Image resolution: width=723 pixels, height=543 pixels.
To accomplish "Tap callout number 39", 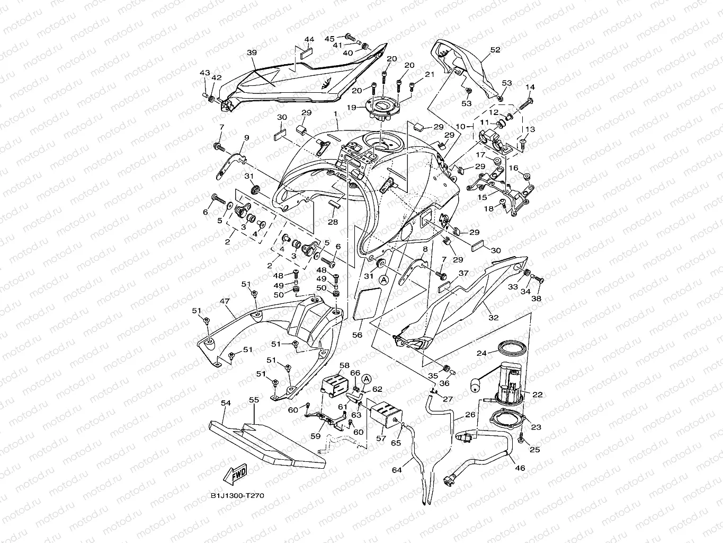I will [252, 52].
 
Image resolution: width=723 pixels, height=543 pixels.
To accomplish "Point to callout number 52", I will [495, 50].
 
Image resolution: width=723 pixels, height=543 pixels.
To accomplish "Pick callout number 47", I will [224, 301].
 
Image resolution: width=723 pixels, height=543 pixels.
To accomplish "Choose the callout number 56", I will [358, 335].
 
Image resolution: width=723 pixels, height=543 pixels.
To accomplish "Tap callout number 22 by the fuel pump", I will [538, 394].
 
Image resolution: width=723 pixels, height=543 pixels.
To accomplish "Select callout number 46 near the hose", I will [520, 468].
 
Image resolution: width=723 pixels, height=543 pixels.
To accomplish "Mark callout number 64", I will [397, 470].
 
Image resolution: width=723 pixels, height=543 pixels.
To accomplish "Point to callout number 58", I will [344, 365].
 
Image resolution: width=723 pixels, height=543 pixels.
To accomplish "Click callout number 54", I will [226, 404].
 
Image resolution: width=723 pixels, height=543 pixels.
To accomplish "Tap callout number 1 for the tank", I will [335, 114].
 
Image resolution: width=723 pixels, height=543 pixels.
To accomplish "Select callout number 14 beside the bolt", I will [530, 87].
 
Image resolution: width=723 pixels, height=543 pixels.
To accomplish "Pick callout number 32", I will [494, 318].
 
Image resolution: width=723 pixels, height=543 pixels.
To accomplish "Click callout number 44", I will [309, 40].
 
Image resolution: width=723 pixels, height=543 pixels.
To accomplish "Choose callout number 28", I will [333, 222].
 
